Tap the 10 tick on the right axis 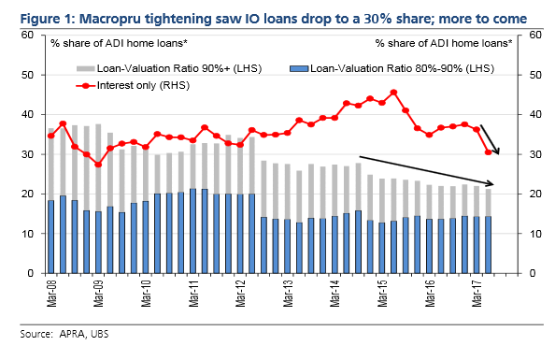click(x=533, y=235)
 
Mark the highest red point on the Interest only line click(x=394, y=93)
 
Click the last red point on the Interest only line click(x=488, y=152)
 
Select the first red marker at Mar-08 click(x=50, y=136)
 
